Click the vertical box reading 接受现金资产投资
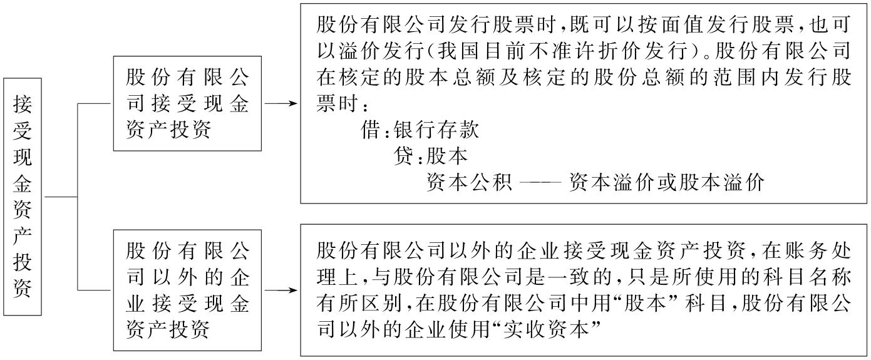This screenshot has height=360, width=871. click(x=23, y=197)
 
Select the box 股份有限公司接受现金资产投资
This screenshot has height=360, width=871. click(x=187, y=103)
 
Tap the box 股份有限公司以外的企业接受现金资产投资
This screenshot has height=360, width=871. click(x=187, y=290)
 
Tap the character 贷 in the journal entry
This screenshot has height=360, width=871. click(x=404, y=157)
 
